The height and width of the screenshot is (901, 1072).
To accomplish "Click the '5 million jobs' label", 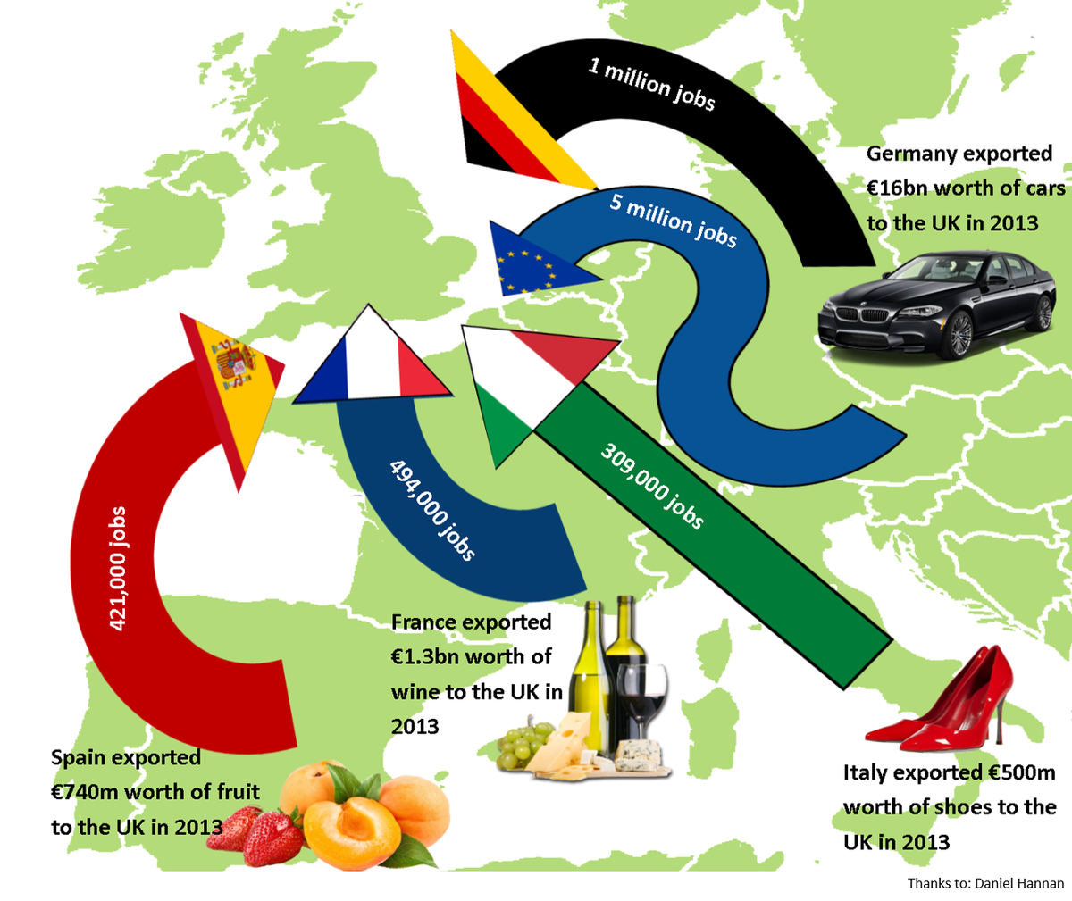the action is pyautogui.click(x=674, y=219).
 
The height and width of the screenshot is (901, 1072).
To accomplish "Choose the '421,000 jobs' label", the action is pyautogui.click(x=117, y=569).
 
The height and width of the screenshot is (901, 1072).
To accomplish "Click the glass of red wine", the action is pyautogui.click(x=641, y=705).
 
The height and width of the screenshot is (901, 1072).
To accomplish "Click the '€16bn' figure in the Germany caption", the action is pyautogui.click(x=900, y=188).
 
